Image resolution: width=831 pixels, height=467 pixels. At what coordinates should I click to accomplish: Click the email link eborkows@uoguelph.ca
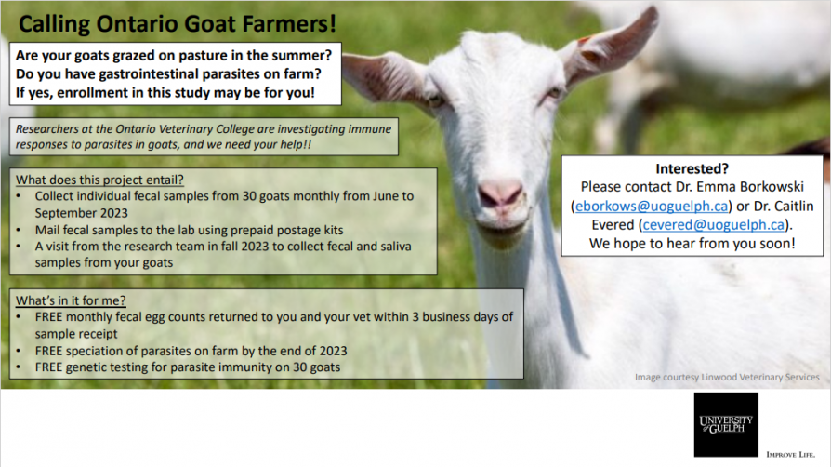(x=652, y=206)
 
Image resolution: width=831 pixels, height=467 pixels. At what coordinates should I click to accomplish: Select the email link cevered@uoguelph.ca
(x=713, y=225)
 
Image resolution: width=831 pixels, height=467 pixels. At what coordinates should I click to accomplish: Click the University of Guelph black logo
(x=726, y=424)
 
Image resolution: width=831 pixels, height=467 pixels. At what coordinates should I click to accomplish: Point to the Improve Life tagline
(x=790, y=454)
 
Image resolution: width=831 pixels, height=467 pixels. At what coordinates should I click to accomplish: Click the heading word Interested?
(x=692, y=168)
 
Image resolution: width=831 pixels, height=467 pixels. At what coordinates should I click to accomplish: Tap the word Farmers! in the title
(x=289, y=24)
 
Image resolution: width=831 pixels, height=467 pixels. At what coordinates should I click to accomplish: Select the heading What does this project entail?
(x=99, y=180)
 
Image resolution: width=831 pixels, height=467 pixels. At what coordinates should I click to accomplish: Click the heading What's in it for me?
(x=71, y=300)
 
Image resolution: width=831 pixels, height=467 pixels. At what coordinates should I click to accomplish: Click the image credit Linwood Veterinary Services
(x=760, y=378)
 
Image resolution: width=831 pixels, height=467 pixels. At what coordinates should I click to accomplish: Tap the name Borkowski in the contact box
(x=772, y=187)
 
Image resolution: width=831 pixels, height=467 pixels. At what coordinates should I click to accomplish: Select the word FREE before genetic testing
(x=48, y=367)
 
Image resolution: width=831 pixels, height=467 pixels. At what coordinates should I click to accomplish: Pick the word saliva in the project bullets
(x=394, y=247)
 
